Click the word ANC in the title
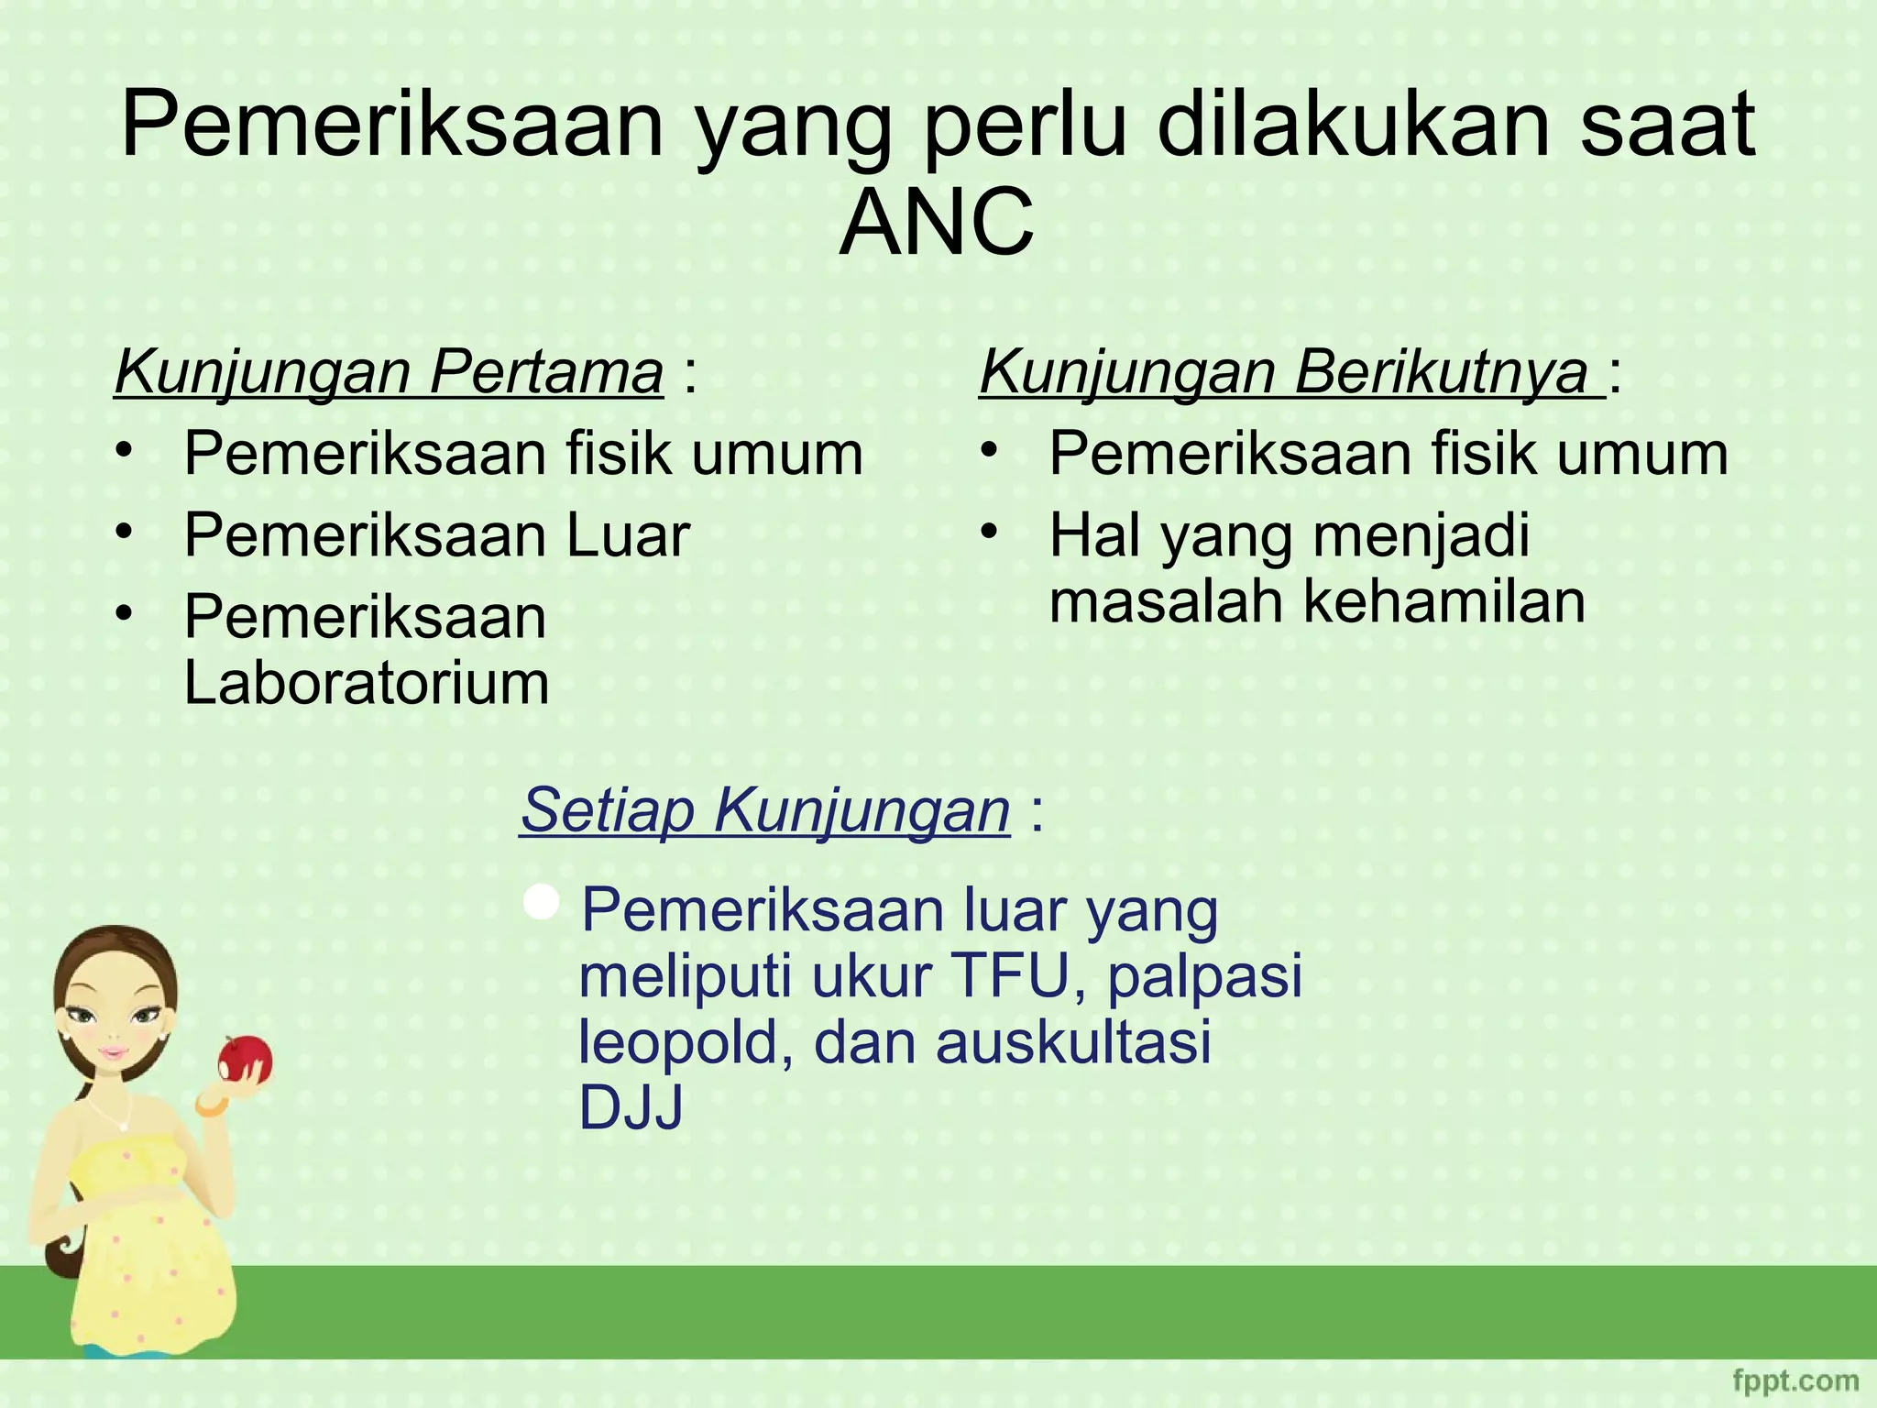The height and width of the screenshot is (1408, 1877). [937, 224]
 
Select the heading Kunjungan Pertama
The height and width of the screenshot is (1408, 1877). [389, 372]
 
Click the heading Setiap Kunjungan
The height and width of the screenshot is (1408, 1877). [765, 810]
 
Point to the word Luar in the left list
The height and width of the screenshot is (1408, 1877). [628, 535]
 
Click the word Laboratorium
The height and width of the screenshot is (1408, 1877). [367, 683]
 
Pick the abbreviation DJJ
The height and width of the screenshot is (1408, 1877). [631, 1108]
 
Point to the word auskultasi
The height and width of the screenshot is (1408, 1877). [1073, 1043]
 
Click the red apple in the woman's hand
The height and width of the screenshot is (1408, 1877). [245, 1060]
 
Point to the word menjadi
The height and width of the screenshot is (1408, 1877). [1421, 535]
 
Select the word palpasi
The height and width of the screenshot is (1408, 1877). [1204, 975]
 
